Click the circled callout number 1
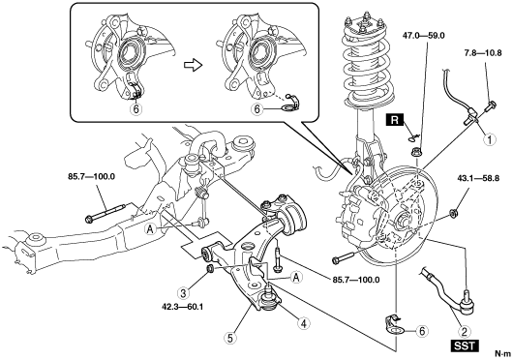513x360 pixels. pos(490,139)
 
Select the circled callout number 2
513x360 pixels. pos(464,332)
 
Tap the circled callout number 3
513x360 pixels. pos(183,292)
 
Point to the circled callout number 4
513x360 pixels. pos(303,323)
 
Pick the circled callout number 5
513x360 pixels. pos(230,338)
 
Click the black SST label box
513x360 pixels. pos(465,345)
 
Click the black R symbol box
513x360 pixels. pos(395,120)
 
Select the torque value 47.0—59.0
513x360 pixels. pos(424,36)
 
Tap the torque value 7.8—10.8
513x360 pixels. pos(483,52)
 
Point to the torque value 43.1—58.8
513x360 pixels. pos(478,179)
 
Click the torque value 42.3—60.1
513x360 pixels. pos(183,307)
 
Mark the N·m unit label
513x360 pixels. pos(502,353)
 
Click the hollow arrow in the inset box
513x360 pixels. pos(194,65)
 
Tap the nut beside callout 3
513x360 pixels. pos(211,268)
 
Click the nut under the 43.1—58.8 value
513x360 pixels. pos(453,214)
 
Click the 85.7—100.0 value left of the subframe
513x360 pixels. pos(92,177)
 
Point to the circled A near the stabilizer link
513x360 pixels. pos(150,230)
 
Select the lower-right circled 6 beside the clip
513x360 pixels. pos(422,331)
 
